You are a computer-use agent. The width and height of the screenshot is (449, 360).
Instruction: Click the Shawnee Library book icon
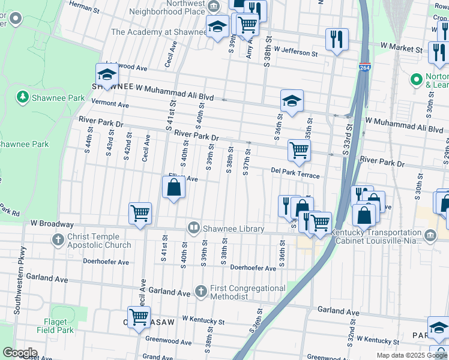click(x=194, y=228)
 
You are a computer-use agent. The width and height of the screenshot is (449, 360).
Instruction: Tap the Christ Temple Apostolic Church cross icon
click(x=58, y=241)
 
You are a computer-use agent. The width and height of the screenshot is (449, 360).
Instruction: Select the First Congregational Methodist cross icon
click(x=201, y=292)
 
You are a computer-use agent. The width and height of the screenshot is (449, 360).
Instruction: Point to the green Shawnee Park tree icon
click(x=22, y=97)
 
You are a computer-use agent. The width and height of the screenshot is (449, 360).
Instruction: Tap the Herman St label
click(x=84, y=6)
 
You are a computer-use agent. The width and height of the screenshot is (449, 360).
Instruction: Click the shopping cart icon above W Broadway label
click(x=140, y=212)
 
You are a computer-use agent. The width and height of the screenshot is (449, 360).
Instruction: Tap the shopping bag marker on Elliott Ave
click(x=173, y=187)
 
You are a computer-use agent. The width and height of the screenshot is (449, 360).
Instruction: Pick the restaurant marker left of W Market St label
click(x=337, y=39)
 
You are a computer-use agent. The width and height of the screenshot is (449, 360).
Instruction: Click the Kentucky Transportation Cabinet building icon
click(x=430, y=236)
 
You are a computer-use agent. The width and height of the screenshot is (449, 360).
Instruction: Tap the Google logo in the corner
click(x=19, y=353)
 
